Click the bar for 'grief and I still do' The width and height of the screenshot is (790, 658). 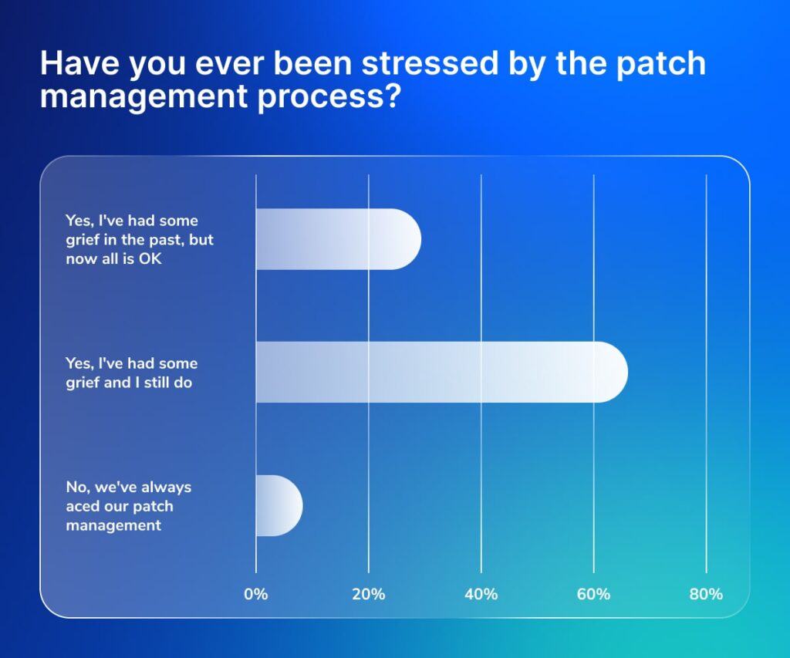[440, 372]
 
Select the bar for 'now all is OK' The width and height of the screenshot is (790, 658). [338, 239]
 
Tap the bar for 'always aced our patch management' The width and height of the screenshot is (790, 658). [279, 505]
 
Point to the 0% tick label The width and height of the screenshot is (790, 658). [256, 594]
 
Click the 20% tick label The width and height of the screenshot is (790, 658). [369, 594]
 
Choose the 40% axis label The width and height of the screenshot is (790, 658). [481, 594]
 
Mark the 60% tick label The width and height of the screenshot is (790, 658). [593, 594]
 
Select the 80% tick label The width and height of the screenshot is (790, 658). [706, 594]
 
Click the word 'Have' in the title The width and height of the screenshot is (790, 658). [78, 63]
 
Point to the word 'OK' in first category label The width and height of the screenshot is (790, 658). [150, 258]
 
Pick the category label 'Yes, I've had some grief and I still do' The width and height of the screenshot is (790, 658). [132, 372]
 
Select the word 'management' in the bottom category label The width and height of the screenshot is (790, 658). [113, 525]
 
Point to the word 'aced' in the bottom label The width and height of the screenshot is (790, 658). [83, 506]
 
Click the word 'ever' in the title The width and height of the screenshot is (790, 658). [218, 63]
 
